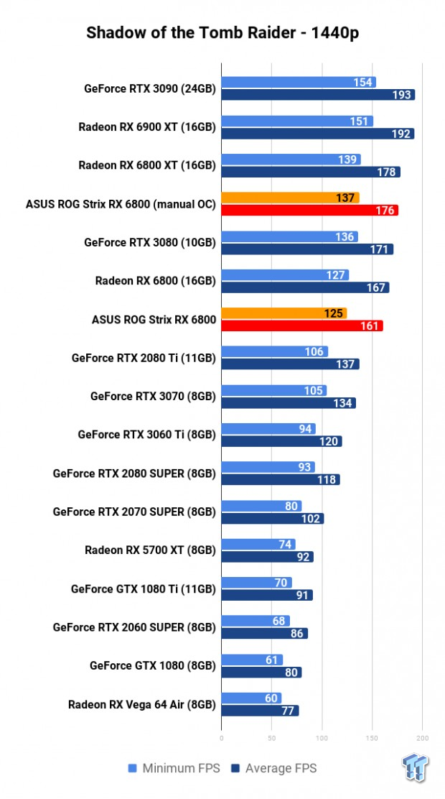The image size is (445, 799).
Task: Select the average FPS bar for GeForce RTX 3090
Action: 318,95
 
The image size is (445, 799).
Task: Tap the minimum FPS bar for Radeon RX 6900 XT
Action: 297,121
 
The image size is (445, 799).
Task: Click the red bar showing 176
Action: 309,211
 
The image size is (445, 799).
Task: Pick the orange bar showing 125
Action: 284,313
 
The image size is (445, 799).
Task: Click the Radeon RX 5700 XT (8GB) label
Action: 150,550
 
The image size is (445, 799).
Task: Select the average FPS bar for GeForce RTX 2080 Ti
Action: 290,364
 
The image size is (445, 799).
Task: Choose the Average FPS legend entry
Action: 273,768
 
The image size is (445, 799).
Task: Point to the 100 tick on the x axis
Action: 322,737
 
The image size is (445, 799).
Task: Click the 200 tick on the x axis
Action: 422,737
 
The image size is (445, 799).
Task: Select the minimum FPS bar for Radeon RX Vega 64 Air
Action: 251,698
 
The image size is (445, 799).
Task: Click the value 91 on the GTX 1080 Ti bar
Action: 301,595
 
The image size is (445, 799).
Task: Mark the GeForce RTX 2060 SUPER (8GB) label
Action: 134,627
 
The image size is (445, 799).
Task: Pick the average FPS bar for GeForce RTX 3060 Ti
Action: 281,441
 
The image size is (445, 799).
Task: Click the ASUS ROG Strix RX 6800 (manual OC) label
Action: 121,204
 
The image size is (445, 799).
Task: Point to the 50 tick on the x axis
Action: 271,737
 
